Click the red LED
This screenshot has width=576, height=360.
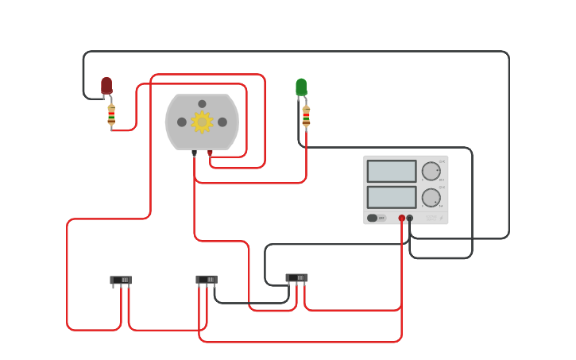pyautogui.click(x=106, y=85)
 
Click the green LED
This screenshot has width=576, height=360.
pyautogui.click(x=301, y=87)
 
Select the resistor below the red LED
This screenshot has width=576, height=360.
pyautogui.click(x=111, y=115)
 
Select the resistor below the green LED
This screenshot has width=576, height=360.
pyautogui.click(x=306, y=116)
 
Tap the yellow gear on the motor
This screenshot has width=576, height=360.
pyautogui.click(x=202, y=122)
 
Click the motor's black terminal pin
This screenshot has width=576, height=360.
pyautogui.click(x=194, y=153)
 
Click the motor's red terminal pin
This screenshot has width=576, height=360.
pyautogui.click(x=210, y=153)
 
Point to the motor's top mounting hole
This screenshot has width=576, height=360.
pyautogui.click(x=202, y=104)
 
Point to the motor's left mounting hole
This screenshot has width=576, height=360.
pyautogui.click(x=182, y=122)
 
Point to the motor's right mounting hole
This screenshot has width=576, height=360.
pyautogui.click(x=222, y=122)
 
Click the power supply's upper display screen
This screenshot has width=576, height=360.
pyautogui.click(x=392, y=171)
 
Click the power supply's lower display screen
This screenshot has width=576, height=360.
pyautogui.click(x=392, y=196)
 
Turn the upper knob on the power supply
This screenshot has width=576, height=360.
pyautogui.click(x=431, y=171)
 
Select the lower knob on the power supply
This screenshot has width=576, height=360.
pyautogui.click(x=431, y=197)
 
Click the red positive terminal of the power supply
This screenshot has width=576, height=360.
pyautogui.click(x=402, y=218)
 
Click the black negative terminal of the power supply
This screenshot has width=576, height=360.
pyautogui.click(x=410, y=218)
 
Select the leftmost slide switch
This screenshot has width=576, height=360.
pyautogui.click(x=121, y=280)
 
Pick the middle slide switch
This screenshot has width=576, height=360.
pyautogui.click(x=207, y=279)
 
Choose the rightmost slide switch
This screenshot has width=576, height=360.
pyautogui.click(x=296, y=277)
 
